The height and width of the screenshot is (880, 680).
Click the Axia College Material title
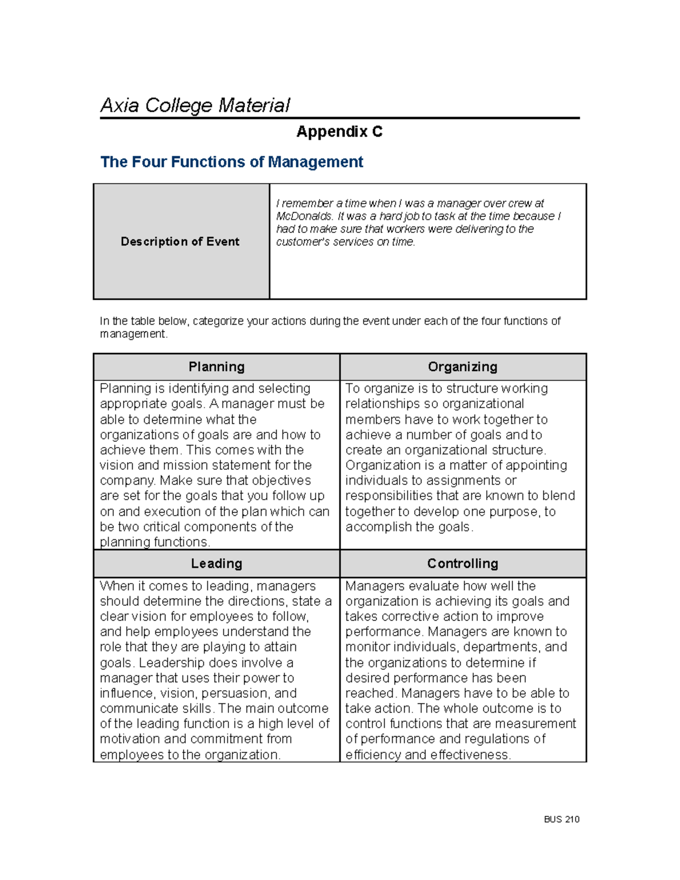pyautogui.click(x=195, y=105)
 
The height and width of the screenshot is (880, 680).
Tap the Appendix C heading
pyautogui.click(x=339, y=132)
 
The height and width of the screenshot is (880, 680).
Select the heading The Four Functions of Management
pyautogui.click(x=231, y=162)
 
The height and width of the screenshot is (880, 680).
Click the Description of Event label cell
pyautogui.click(x=180, y=241)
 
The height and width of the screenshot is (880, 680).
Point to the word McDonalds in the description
pyautogui.click(x=304, y=216)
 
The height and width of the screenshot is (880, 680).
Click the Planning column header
pyautogui.click(x=216, y=367)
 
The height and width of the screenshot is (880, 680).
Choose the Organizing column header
pyautogui.click(x=462, y=367)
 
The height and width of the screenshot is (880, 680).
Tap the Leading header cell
pyautogui.click(x=216, y=564)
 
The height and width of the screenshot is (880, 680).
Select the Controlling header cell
pyautogui.click(x=462, y=564)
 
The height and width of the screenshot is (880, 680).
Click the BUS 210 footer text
pyautogui.click(x=562, y=819)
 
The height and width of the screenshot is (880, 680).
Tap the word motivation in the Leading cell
pyautogui.click(x=130, y=739)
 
